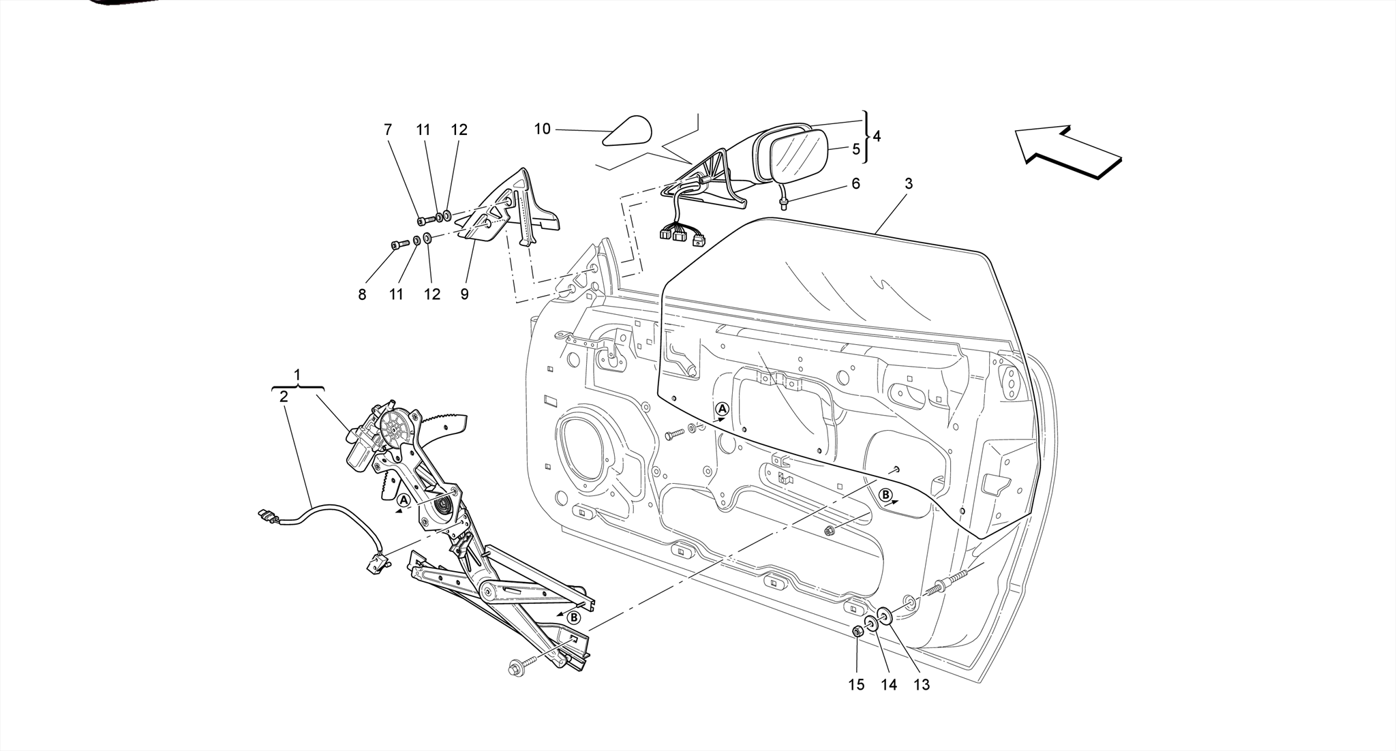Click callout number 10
542,129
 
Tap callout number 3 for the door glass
909,183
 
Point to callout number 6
855,183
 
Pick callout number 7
388,129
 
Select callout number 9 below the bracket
464,294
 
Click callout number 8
362,294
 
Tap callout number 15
856,685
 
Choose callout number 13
922,685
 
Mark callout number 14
889,685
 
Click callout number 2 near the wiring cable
284,396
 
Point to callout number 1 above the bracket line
297,375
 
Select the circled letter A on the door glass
723,409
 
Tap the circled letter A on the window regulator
404,501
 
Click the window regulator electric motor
363,446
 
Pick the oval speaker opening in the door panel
585,448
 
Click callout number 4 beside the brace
877,136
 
